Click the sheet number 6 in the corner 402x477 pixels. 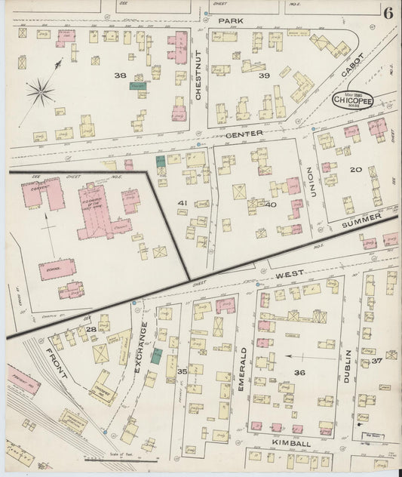pos(387,12)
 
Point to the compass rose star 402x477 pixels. pos(40,94)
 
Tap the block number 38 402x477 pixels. pos(119,75)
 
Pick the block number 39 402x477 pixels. pos(264,75)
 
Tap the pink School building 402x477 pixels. pos(57,269)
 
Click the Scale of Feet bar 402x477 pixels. pos(121,458)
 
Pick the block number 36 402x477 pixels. pos(299,372)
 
